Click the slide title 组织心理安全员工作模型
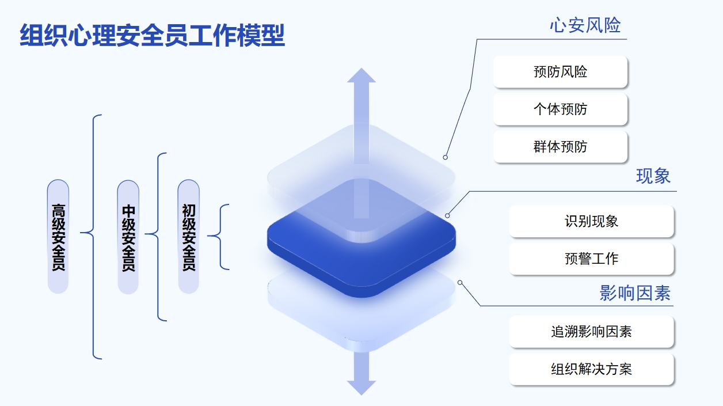152,35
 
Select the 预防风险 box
560,72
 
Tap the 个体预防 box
560,109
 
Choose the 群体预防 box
560,147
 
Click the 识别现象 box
591,221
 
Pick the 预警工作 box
591,259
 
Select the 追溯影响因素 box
591,332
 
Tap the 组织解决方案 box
591,369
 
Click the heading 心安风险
585,25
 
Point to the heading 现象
653,176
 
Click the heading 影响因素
635,293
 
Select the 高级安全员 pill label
58,237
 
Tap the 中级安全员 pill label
128,237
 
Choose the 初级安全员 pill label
188,237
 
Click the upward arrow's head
361,75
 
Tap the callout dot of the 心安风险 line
445,157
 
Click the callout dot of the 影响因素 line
460,283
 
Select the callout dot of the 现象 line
447,215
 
